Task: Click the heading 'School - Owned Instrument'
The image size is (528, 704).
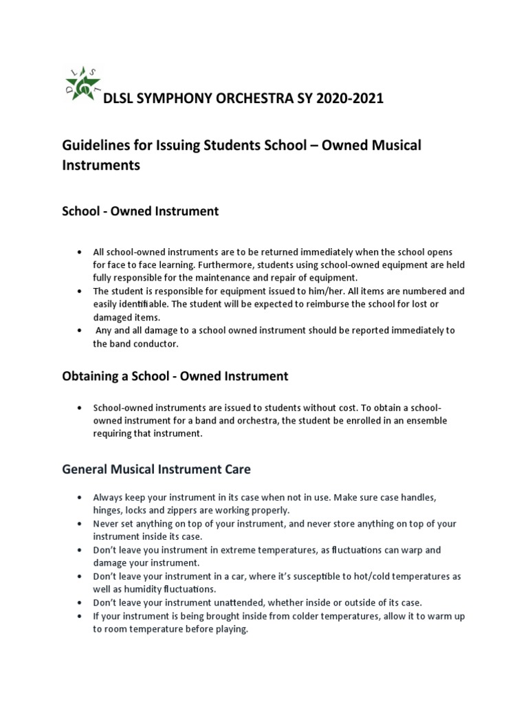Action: coord(140,211)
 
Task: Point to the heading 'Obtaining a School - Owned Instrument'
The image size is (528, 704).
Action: coord(175,376)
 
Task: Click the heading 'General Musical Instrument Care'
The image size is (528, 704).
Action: coord(156,470)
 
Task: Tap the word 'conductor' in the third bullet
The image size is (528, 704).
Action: coord(156,344)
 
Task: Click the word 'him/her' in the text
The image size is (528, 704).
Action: coord(320,291)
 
